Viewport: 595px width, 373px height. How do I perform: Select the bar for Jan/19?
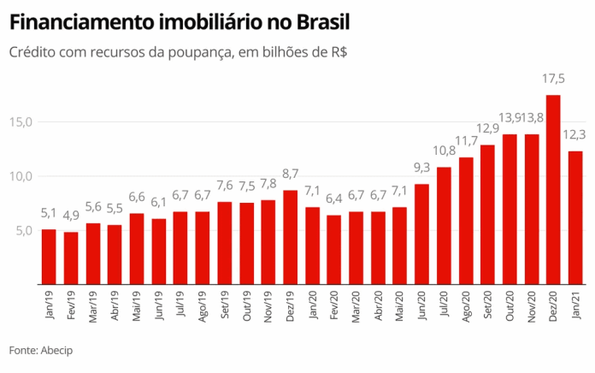tap(49, 256)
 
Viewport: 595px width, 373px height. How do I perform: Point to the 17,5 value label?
tap(553, 80)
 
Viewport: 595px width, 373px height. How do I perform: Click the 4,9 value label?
tap(71, 216)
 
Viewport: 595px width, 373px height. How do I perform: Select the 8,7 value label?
tap(290, 175)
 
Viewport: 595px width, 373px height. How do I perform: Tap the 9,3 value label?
tap(421, 168)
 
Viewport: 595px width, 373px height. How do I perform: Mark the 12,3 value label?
tap(575, 134)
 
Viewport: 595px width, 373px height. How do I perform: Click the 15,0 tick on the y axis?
tap(21, 121)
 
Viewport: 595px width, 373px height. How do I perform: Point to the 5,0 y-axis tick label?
tap(23, 230)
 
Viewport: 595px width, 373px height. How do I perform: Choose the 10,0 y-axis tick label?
tap(21, 176)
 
